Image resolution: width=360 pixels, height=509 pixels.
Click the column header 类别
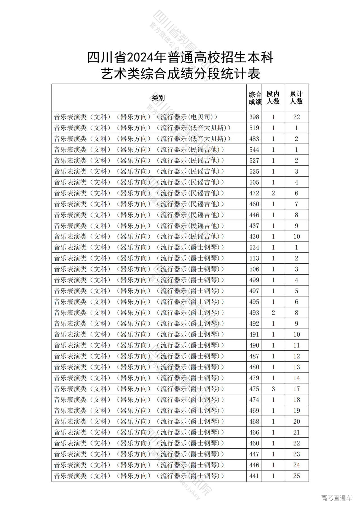158,98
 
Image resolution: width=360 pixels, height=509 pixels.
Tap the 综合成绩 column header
255,98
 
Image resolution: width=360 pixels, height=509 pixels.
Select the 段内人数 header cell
273,98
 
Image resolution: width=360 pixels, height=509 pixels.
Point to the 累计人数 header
296,98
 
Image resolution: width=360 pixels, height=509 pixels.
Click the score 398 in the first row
254,117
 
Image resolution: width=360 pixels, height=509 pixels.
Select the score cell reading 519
254,128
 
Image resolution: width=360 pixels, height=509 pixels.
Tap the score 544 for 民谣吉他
254,150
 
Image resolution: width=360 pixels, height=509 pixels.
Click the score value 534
254,247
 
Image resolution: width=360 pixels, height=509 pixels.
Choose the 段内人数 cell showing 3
273,389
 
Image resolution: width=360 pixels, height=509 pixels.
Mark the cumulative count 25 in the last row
296,476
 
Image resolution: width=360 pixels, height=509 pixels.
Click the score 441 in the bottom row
254,476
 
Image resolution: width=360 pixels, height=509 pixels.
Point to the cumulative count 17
296,389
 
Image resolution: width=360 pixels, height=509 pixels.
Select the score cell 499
254,280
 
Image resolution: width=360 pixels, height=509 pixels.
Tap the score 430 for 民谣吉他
254,237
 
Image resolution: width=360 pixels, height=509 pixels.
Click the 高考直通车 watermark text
336,498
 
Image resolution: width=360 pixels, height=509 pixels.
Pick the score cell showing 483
254,139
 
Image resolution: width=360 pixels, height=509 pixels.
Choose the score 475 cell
254,389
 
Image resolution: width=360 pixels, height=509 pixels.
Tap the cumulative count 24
296,465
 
